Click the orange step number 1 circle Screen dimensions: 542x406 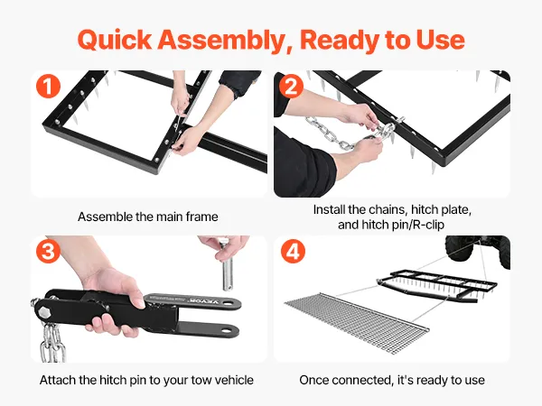pos(49,86)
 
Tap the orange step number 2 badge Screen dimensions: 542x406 pos(292,86)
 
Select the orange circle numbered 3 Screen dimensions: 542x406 pos(49,251)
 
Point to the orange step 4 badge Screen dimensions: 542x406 pos(293,251)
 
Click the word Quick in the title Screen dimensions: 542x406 pos(115,40)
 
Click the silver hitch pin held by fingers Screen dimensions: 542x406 pos(228,272)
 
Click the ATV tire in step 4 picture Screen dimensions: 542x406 pos(460,249)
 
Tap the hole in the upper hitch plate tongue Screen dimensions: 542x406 pos(227,303)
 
